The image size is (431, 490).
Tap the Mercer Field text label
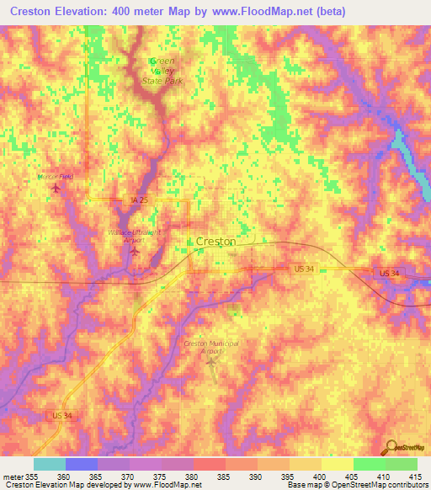point(56,177)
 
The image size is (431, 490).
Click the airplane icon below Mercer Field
point(56,188)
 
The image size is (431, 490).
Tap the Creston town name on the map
point(215,241)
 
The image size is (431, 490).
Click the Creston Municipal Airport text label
point(211,348)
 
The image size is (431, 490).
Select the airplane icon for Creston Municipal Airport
point(210,361)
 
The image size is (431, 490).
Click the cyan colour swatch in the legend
point(50,464)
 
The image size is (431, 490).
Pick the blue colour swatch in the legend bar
point(82,464)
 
